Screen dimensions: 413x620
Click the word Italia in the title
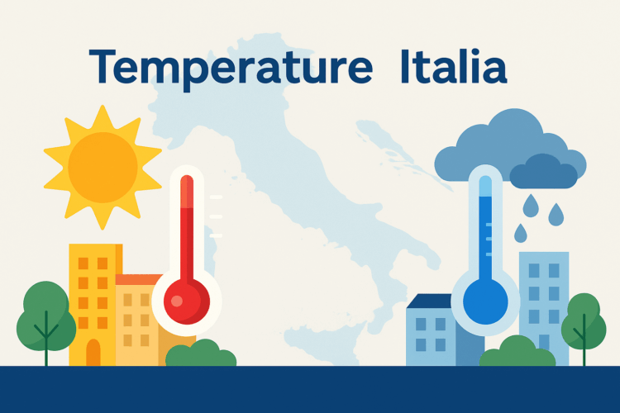coord(452,66)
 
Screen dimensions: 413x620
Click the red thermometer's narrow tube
coord(187,223)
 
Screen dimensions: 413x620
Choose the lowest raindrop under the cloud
coord(521,233)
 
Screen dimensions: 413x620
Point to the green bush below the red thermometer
coord(201,355)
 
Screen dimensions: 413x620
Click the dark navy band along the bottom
coord(310,390)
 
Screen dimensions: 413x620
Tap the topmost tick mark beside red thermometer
coord(217,197)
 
